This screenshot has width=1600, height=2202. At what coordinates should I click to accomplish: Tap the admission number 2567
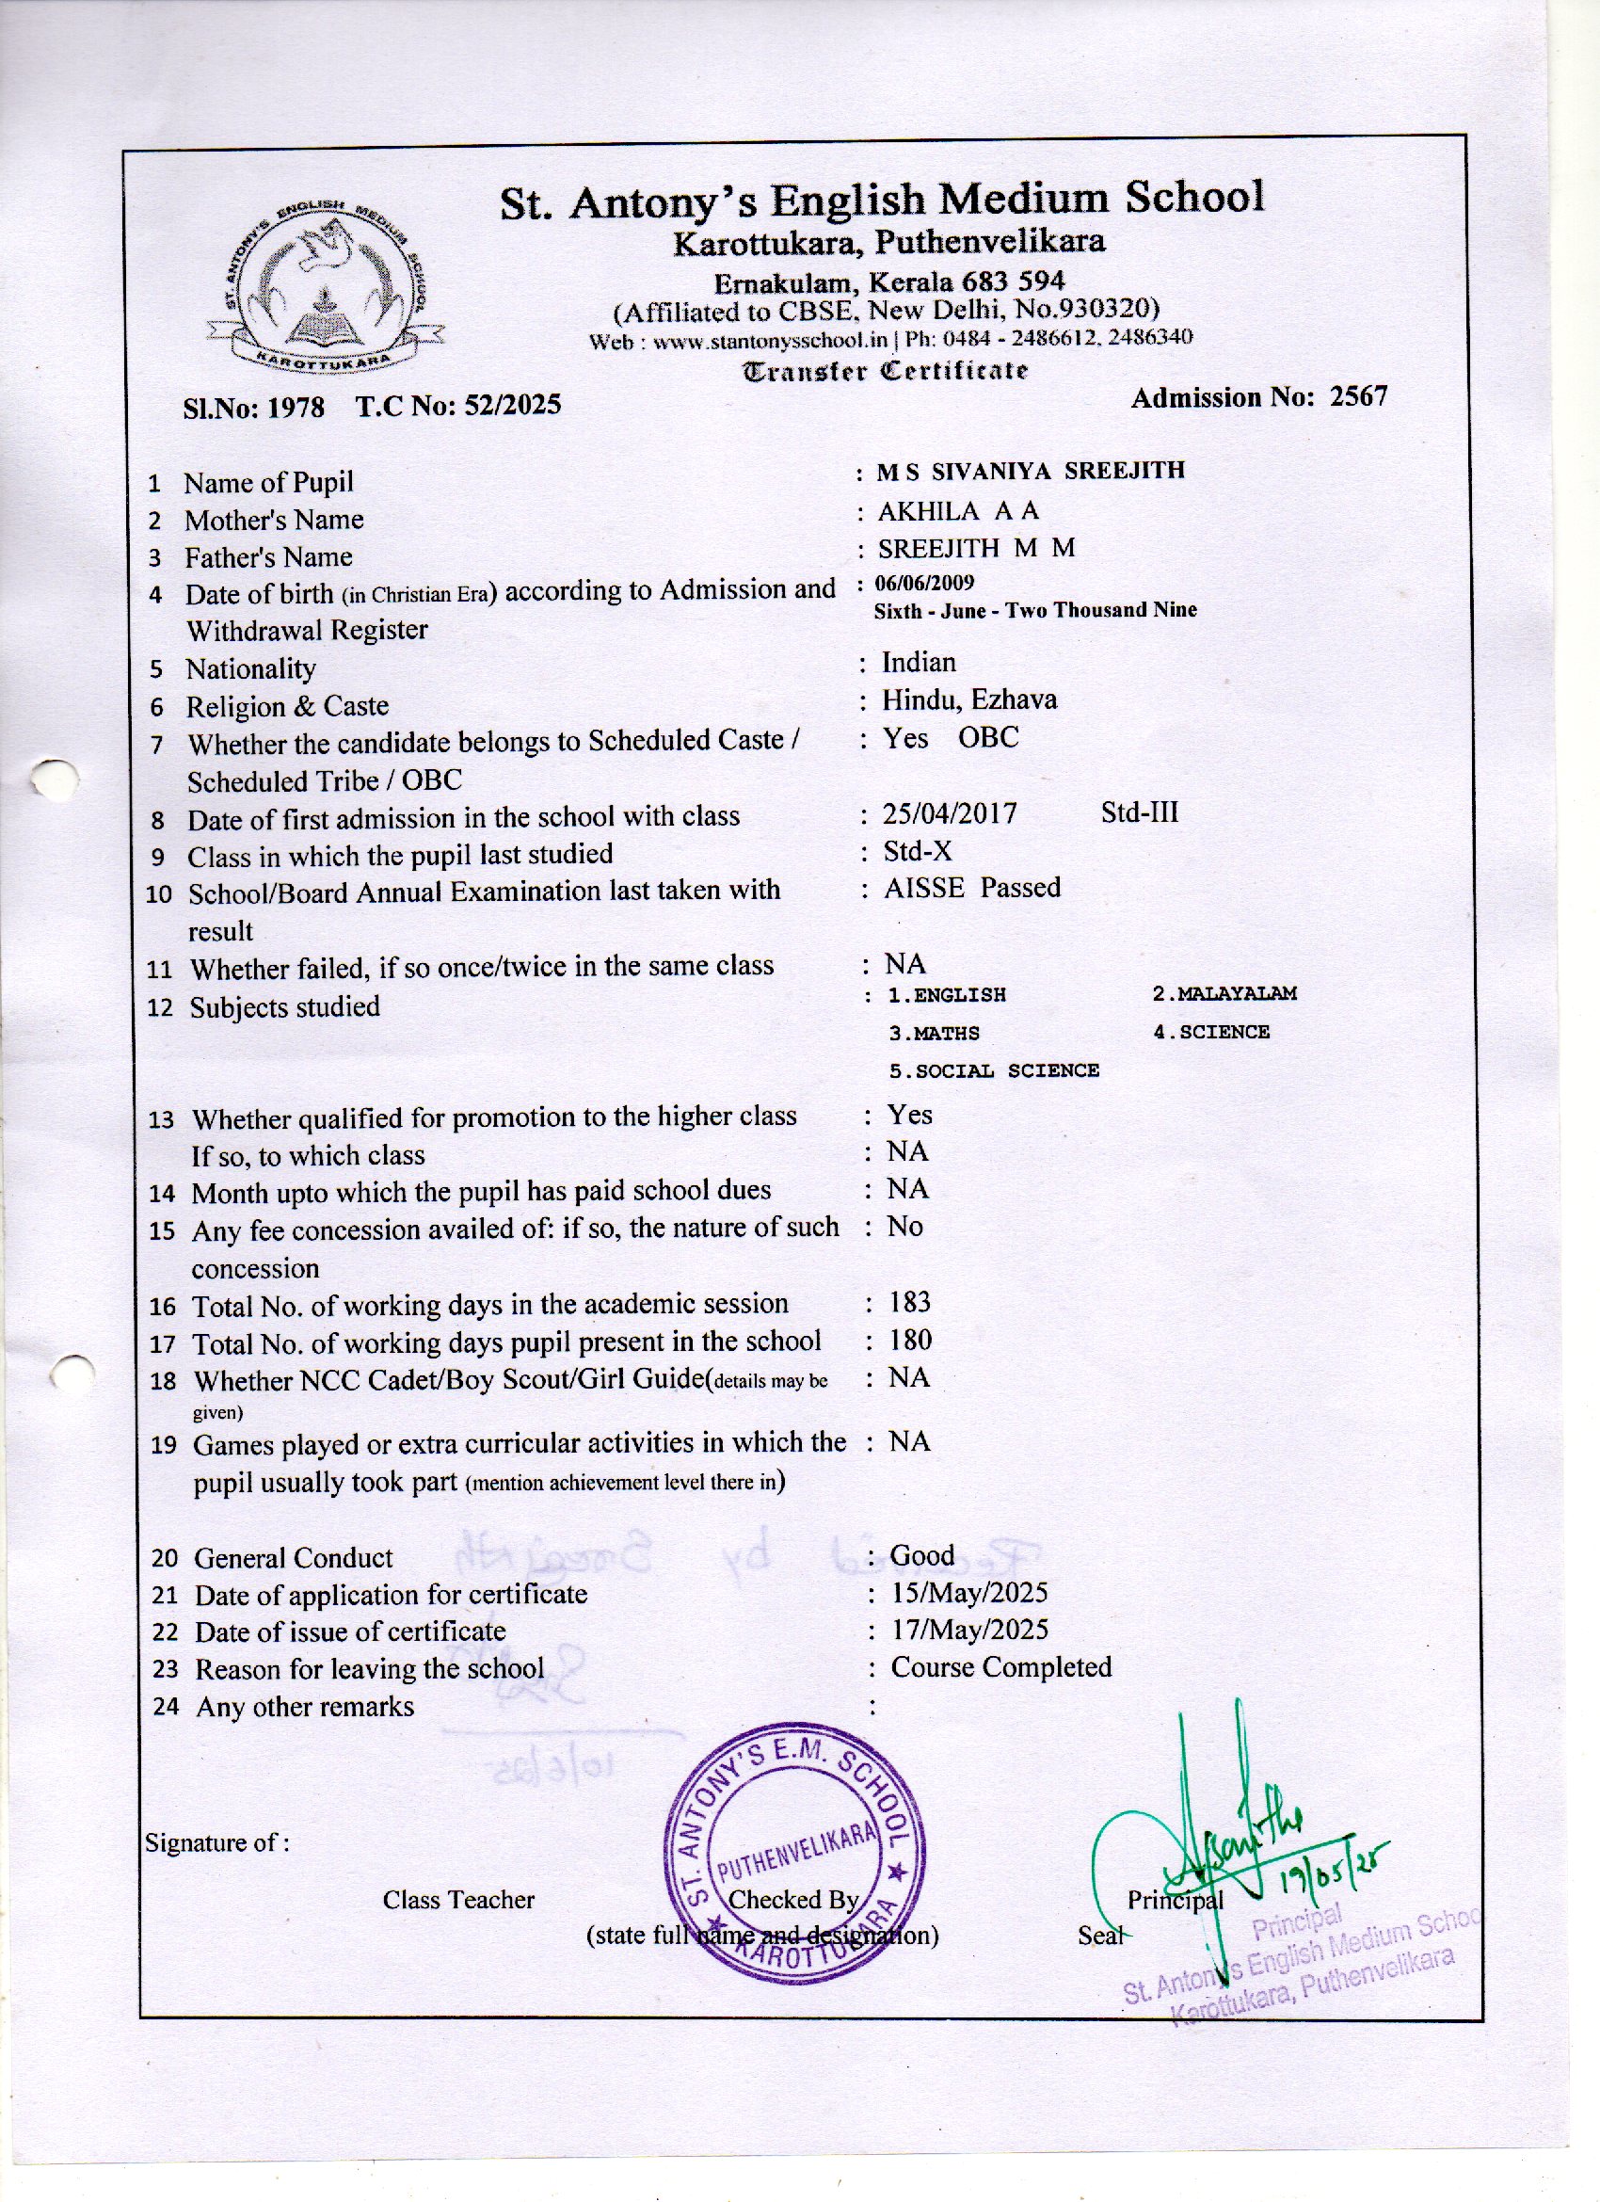coord(1358,396)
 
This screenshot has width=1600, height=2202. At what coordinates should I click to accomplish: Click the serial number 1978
coord(296,406)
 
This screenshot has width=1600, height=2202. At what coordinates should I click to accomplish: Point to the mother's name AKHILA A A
coord(957,510)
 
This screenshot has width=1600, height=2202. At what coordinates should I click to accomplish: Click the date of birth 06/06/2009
coord(924,583)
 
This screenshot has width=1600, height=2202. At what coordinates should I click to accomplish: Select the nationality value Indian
coord(919,662)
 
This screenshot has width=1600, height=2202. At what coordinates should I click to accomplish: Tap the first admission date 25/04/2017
coord(950,813)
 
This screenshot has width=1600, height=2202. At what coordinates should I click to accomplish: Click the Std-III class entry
coord(1139,812)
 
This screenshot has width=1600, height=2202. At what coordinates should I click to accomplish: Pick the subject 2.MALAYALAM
coord(1224,993)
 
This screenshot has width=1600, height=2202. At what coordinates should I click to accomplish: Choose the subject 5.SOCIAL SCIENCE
coord(993,1071)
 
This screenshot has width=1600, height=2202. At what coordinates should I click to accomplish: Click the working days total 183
coord(910,1302)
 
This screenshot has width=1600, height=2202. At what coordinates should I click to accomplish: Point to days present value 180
coord(911,1341)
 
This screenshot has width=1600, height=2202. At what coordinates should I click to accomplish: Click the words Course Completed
coord(1001,1668)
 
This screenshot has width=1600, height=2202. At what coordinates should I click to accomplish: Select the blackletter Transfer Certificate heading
coord(885,371)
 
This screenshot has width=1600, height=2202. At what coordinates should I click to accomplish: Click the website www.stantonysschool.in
coord(771,341)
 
